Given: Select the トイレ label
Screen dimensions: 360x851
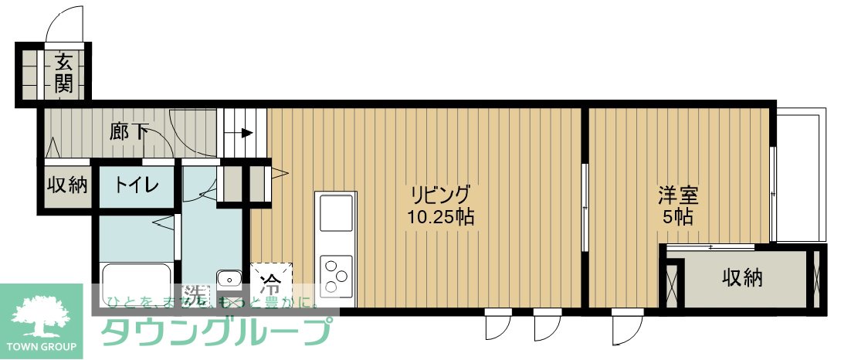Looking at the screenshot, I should point(137,185).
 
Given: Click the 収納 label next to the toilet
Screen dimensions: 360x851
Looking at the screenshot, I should point(67,185).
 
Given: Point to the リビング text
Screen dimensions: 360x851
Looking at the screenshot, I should point(440,194).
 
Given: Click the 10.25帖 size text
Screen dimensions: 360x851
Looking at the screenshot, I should point(440,216).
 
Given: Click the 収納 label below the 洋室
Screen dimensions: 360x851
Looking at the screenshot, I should point(743,277).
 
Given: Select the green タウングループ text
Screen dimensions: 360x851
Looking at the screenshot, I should point(216,331).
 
